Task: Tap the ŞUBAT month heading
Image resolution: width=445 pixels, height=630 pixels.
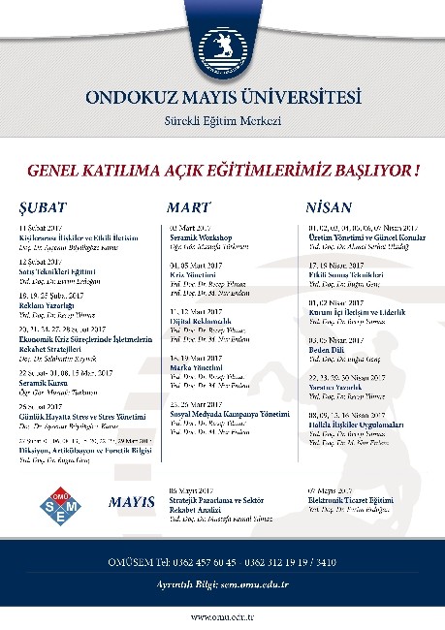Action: pos(40,208)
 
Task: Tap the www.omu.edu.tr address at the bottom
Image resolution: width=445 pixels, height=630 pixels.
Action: pos(222,616)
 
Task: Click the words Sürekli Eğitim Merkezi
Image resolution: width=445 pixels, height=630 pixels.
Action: pos(222,120)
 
